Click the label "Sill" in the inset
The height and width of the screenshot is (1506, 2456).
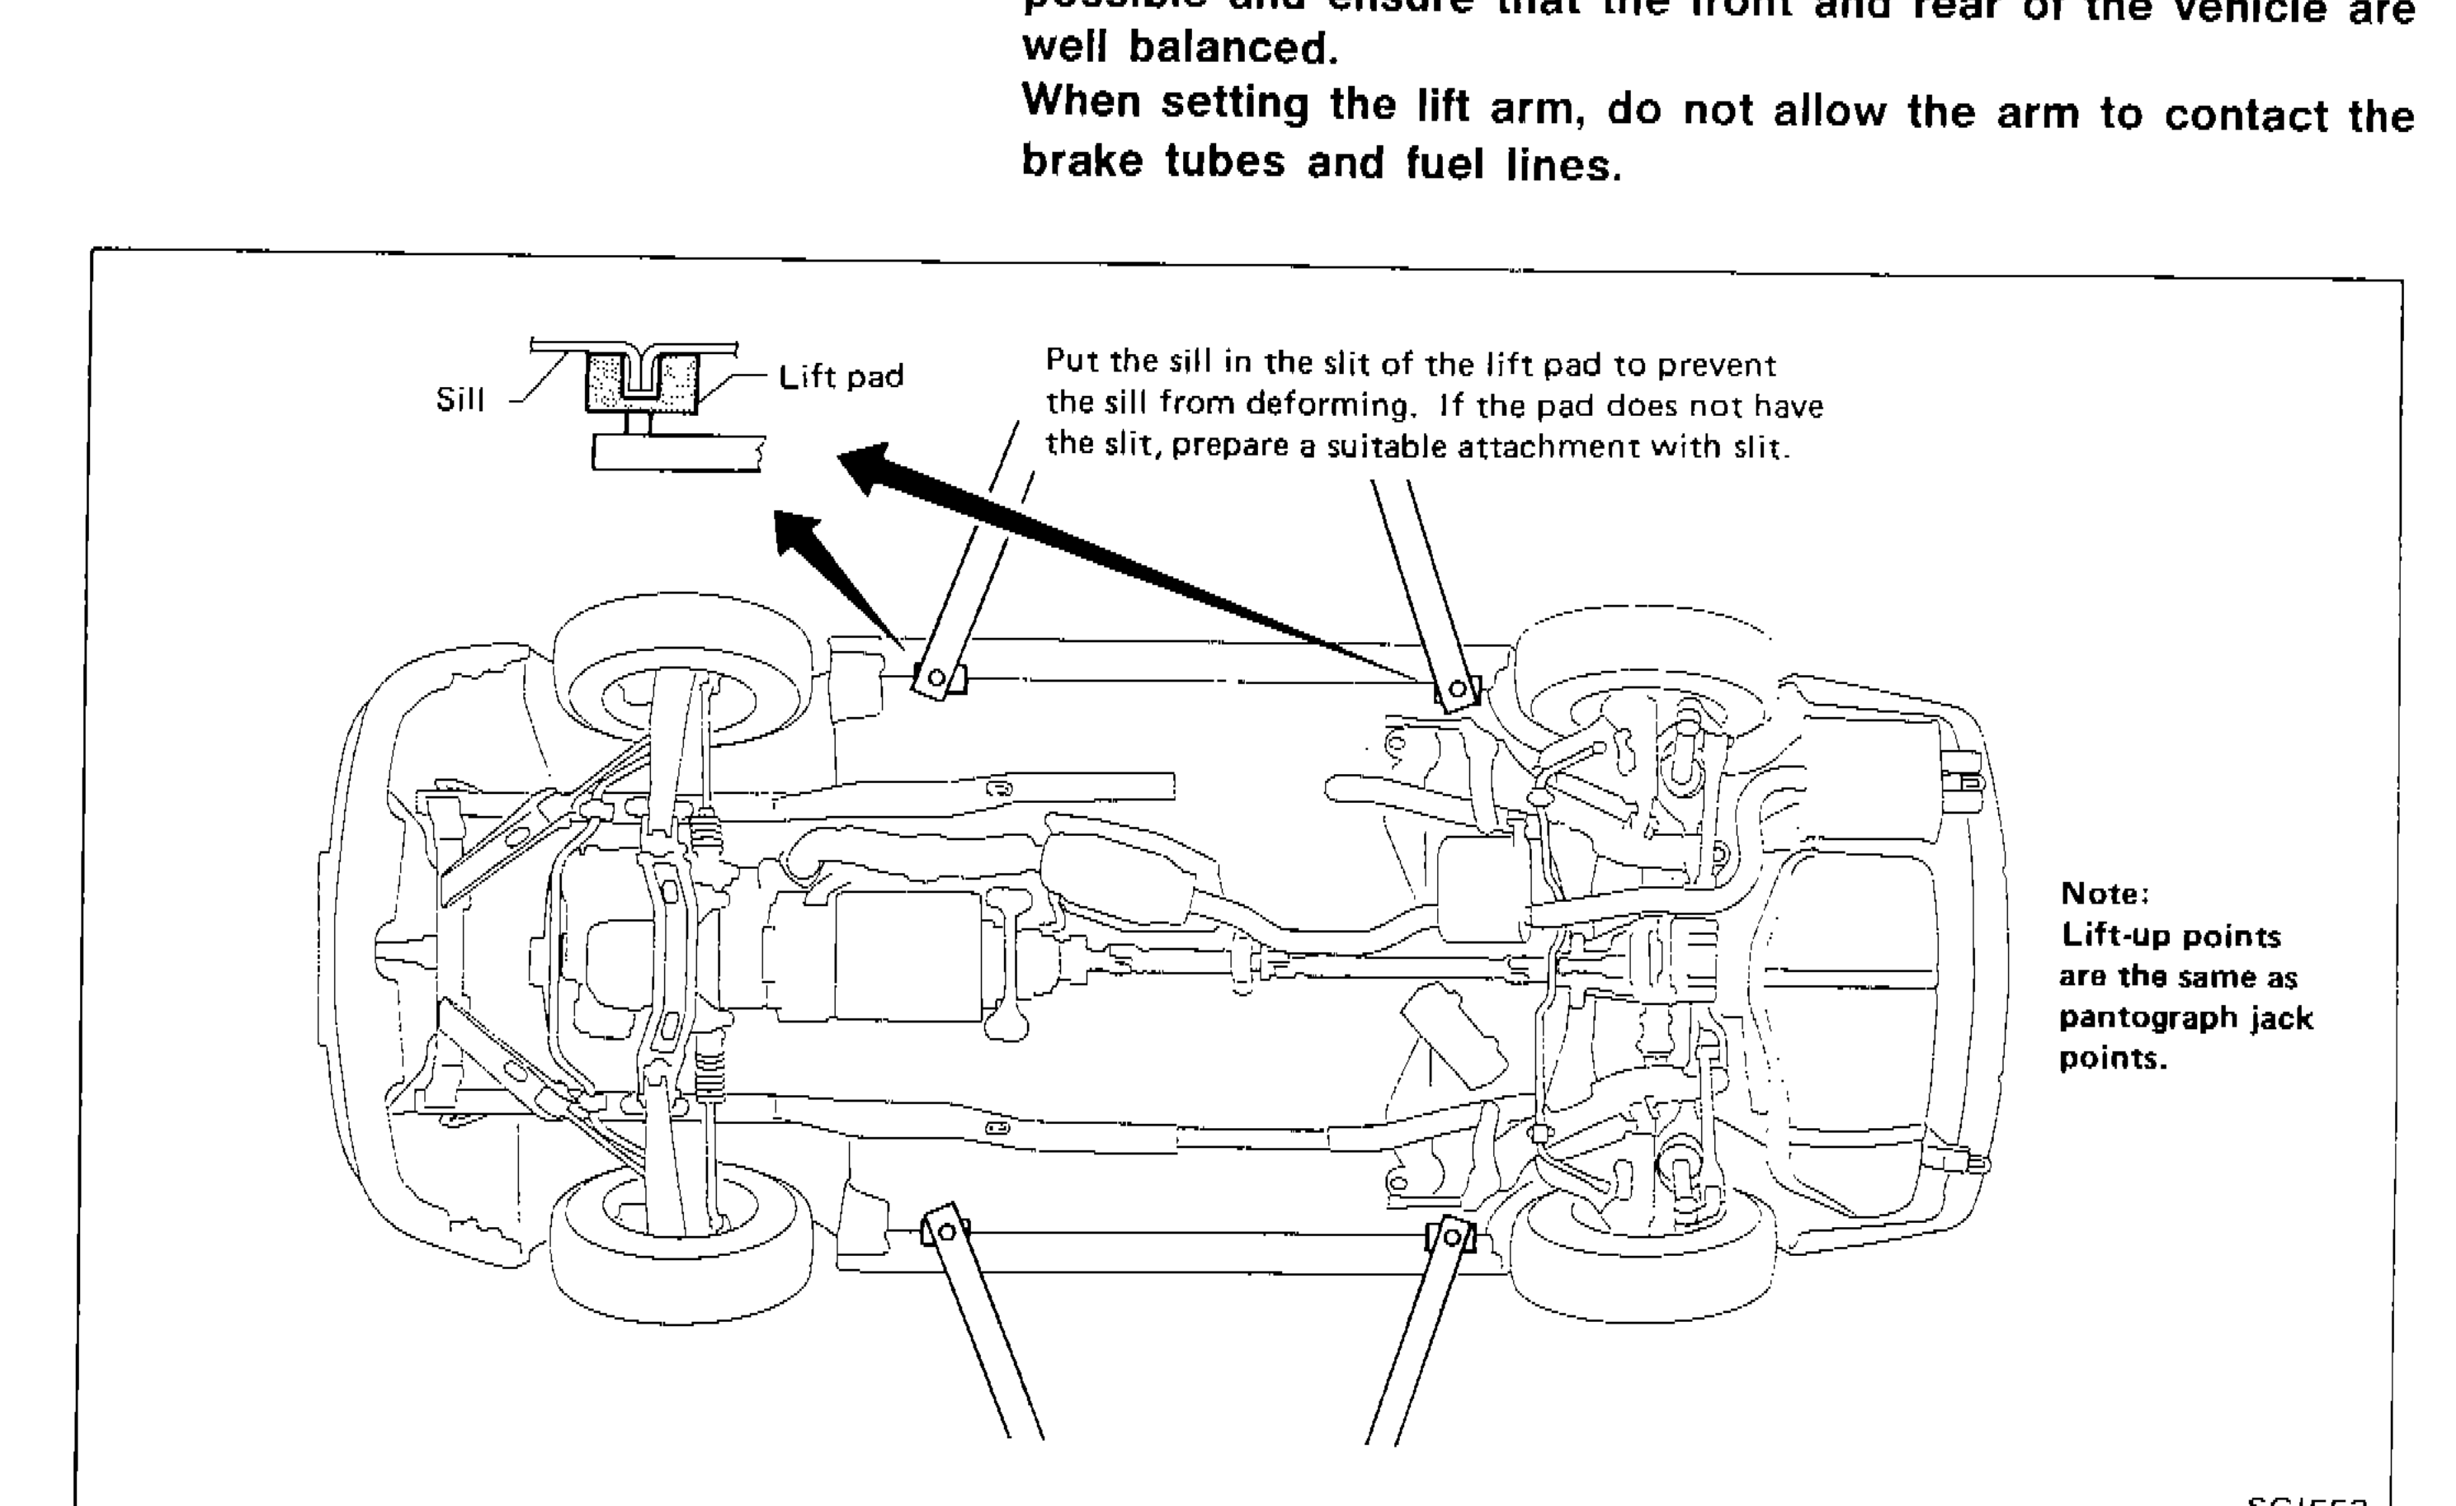point(460,399)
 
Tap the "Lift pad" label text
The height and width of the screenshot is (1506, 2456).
point(841,377)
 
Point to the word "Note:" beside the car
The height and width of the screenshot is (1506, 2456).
point(2103,893)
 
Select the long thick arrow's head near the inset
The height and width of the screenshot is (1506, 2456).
point(863,465)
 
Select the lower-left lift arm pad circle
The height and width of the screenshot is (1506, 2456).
point(947,1232)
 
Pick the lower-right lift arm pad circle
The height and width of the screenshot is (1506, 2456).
point(1452,1238)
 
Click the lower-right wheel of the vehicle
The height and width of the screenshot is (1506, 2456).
point(1645,1256)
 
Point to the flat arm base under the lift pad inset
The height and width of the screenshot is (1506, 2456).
point(678,454)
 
